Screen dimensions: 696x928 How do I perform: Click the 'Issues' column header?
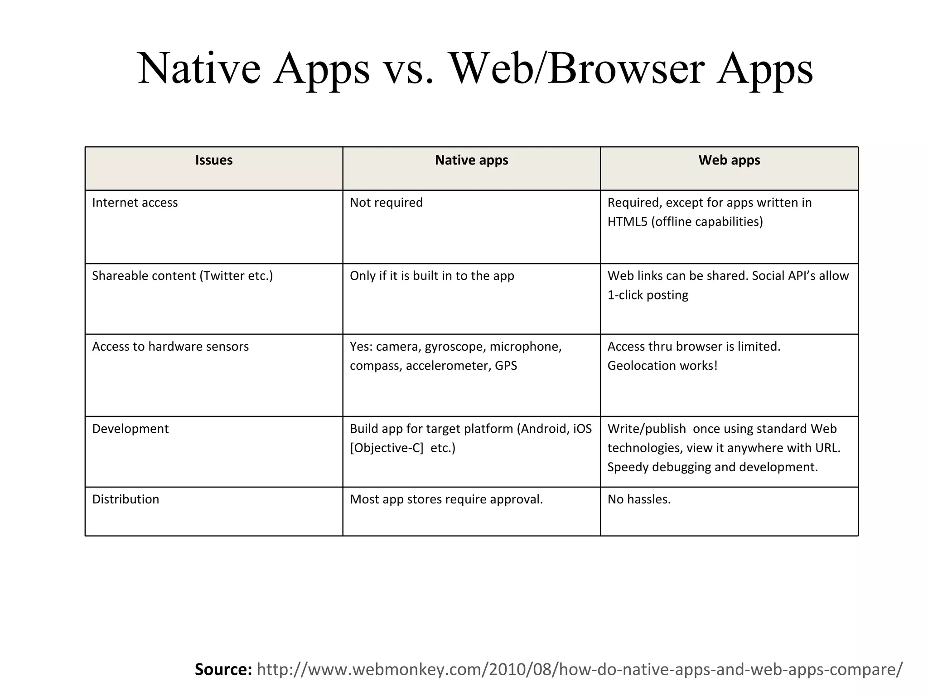tap(214, 160)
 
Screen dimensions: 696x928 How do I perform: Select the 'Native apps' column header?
tap(471, 160)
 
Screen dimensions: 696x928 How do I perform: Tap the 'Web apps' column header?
tap(729, 160)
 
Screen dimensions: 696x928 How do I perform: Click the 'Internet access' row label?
tap(135, 203)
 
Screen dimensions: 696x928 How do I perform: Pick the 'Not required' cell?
tap(386, 203)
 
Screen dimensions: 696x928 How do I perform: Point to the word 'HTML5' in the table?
tap(628, 222)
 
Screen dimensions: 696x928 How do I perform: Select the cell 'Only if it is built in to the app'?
tap(432, 276)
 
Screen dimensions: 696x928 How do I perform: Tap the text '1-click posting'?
tap(648, 295)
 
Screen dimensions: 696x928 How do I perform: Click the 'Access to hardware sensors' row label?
tap(170, 347)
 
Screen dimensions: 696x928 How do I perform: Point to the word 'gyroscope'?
tap(454, 347)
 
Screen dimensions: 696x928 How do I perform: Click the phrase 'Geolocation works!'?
tap(662, 366)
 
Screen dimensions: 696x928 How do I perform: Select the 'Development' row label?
tap(130, 429)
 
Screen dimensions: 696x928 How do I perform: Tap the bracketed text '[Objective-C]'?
tap(387, 448)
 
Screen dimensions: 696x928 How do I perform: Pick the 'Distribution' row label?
tap(126, 499)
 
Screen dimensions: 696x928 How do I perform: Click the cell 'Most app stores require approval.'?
tap(446, 499)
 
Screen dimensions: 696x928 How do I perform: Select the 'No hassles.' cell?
tap(639, 499)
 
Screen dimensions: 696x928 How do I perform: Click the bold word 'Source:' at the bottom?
tap(223, 669)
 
